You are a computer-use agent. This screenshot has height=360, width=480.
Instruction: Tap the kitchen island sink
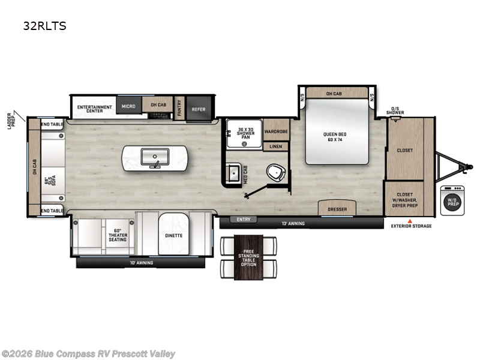(154, 158)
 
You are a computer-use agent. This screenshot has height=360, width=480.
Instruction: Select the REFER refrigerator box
(199, 109)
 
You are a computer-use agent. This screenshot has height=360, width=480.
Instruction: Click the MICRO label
(127, 106)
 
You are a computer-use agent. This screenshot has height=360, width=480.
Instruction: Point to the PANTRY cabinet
(179, 109)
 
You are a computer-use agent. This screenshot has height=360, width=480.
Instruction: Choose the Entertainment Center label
(95, 109)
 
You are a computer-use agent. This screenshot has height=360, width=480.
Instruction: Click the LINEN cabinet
(276, 146)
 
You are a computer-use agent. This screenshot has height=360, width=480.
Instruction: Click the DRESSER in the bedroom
(337, 209)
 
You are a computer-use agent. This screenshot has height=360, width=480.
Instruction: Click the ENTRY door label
(244, 220)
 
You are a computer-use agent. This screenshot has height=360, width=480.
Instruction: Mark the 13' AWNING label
(294, 224)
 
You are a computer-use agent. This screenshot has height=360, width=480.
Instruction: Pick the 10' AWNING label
(142, 263)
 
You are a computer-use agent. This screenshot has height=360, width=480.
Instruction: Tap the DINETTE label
(173, 236)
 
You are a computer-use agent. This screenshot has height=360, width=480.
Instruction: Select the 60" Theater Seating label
(118, 235)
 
